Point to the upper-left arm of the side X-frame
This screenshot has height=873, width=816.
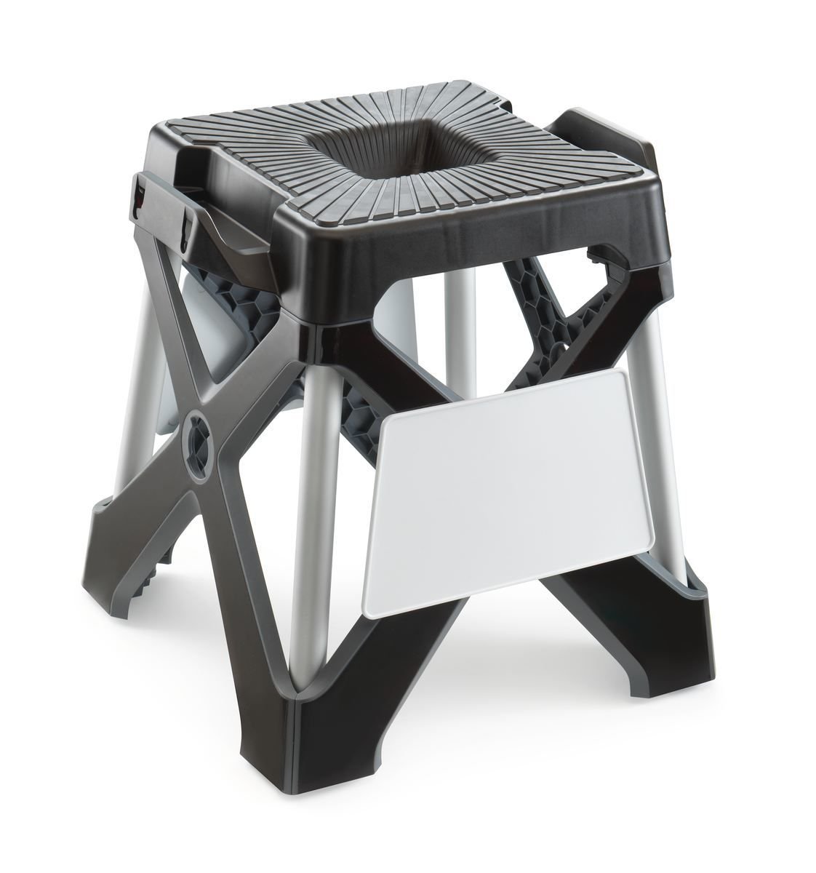175,342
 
